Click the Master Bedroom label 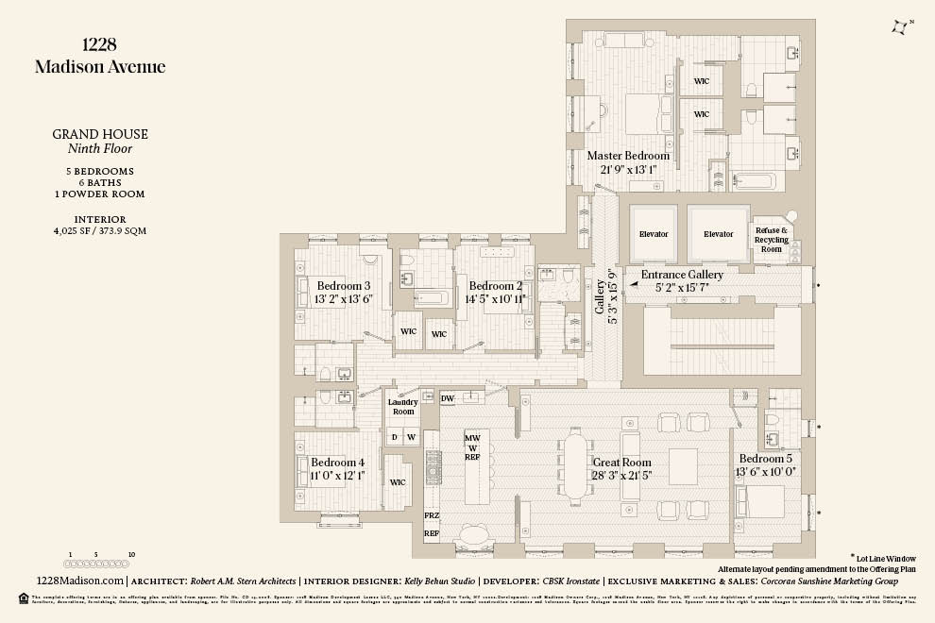pyautogui.click(x=628, y=156)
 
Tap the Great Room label pyautogui.click(x=621, y=463)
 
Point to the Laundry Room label pyautogui.click(x=403, y=407)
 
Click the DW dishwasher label pyautogui.click(x=448, y=399)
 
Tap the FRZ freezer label pyautogui.click(x=432, y=515)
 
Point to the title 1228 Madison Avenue pyautogui.click(x=99, y=55)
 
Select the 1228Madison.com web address pyautogui.click(x=78, y=581)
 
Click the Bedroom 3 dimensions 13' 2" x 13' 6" pyautogui.click(x=343, y=299)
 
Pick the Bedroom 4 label pyautogui.click(x=337, y=463)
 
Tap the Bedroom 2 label pyautogui.click(x=496, y=286)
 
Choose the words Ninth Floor pyautogui.click(x=100, y=148)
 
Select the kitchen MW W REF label pyautogui.click(x=472, y=446)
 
